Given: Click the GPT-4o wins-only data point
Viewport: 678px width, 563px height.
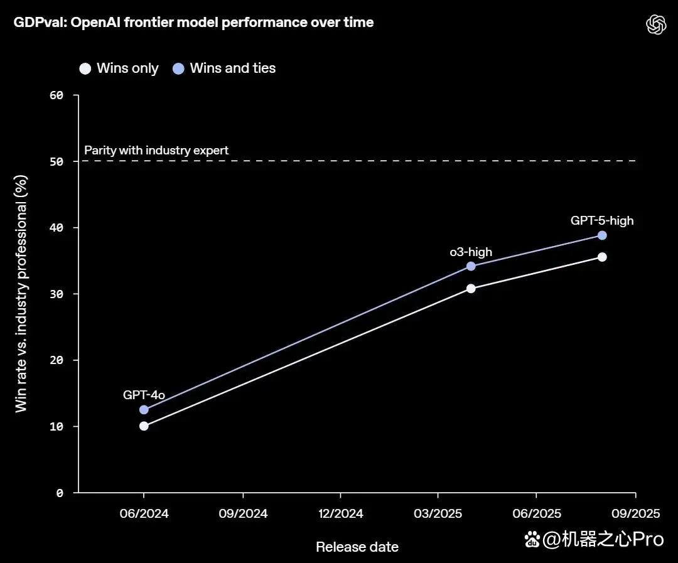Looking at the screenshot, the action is [144, 426].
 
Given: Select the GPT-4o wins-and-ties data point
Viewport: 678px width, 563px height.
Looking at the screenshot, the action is [144, 409].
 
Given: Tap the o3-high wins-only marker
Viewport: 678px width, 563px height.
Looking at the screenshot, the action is [471, 289].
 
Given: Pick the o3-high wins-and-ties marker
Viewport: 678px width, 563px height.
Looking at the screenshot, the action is [471, 266].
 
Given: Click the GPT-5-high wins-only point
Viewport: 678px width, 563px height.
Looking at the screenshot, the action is [602, 257].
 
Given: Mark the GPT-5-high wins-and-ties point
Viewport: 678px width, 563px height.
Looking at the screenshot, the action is [602, 235].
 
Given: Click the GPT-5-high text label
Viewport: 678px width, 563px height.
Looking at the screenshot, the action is [602, 220].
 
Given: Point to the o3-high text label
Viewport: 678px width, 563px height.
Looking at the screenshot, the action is [471, 252].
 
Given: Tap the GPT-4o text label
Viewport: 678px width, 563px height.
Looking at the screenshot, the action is [144, 395].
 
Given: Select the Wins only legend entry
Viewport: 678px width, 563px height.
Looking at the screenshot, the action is [119, 68].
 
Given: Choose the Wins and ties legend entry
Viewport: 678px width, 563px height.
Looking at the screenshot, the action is [224, 68].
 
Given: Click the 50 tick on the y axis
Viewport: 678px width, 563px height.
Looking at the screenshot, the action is [56, 161].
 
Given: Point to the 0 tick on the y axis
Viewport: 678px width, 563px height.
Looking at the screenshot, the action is [60, 493].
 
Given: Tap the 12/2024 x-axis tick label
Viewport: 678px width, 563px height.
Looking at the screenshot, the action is [341, 513].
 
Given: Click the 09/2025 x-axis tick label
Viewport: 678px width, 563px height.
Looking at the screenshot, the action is [635, 513].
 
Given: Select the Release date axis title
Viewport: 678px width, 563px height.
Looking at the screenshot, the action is [357, 547].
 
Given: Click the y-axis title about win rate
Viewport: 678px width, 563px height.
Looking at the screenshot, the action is [21, 294].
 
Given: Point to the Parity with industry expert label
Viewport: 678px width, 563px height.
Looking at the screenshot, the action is [156, 150].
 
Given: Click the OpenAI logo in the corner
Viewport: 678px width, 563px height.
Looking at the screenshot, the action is [656, 24].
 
